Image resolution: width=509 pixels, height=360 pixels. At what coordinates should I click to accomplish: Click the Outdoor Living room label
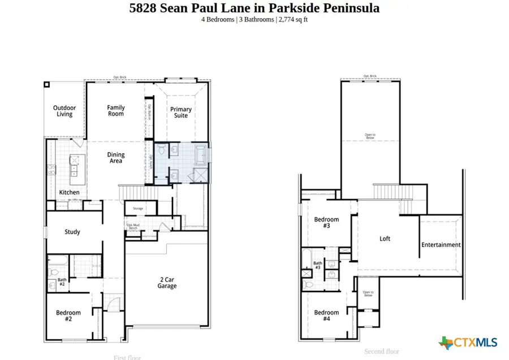[x=64, y=111]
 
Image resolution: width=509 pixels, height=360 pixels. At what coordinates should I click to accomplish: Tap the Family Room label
[x=116, y=110]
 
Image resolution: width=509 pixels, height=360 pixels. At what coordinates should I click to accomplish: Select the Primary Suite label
[x=181, y=112]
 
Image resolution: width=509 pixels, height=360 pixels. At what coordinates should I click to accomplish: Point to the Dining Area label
[x=116, y=158]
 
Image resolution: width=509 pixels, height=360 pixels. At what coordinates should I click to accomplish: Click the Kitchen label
[x=70, y=193]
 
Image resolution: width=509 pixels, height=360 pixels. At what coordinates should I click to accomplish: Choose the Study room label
[x=72, y=232]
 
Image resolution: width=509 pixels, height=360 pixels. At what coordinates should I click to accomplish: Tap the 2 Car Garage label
[x=167, y=282]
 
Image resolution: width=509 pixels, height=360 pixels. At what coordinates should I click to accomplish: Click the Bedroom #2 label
[x=68, y=316]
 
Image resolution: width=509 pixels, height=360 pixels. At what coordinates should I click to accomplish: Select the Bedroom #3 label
[x=326, y=223]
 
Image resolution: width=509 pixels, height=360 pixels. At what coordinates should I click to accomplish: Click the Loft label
[x=385, y=238]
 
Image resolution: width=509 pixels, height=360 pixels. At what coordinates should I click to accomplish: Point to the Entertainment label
[x=441, y=245]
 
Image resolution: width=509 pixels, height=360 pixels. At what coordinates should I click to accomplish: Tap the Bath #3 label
[x=318, y=266]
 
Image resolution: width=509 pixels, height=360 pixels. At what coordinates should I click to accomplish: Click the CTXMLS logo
[x=468, y=342]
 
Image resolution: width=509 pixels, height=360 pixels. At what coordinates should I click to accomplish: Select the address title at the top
[x=255, y=8]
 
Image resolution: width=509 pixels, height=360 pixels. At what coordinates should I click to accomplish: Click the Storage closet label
[x=138, y=209]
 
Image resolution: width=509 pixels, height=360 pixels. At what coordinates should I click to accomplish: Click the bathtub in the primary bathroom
[x=201, y=153]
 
